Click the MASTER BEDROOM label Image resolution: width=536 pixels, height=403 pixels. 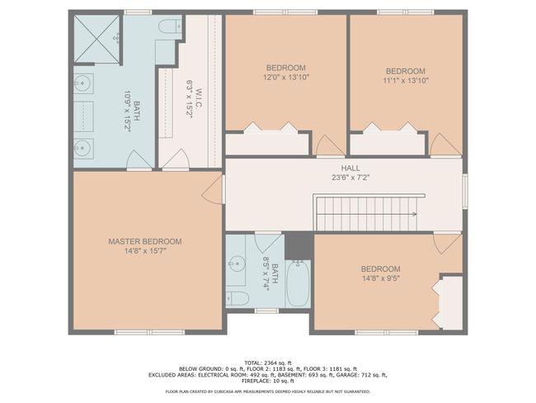[x=145, y=242]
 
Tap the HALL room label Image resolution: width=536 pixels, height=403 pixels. [x=350, y=168]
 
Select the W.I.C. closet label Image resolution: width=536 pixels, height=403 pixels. [x=200, y=100]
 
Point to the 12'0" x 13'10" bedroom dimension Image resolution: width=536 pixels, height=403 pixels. [x=286, y=77]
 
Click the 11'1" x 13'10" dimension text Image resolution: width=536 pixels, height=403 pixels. [x=406, y=80]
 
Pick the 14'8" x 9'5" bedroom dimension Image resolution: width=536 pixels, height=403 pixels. [x=381, y=278]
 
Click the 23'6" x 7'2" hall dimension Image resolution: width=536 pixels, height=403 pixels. [x=350, y=178]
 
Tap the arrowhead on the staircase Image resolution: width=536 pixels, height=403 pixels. [x=415, y=215]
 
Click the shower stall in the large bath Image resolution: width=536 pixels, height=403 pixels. [x=96, y=38]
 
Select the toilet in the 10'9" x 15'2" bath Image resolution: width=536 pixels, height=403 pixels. [x=170, y=26]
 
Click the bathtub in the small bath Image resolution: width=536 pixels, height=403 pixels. [x=298, y=283]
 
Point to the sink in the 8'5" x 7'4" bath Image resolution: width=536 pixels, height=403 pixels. [x=237, y=263]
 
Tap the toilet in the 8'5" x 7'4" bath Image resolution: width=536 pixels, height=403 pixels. [x=237, y=298]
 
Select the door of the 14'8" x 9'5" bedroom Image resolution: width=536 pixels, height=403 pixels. [x=448, y=243]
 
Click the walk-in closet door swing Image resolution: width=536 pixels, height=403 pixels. [x=176, y=159]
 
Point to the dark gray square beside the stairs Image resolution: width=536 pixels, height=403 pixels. [x=299, y=246]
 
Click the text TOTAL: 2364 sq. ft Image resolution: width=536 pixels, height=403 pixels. [x=268, y=363]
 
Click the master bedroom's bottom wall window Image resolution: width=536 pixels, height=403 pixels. [x=149, y=332]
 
